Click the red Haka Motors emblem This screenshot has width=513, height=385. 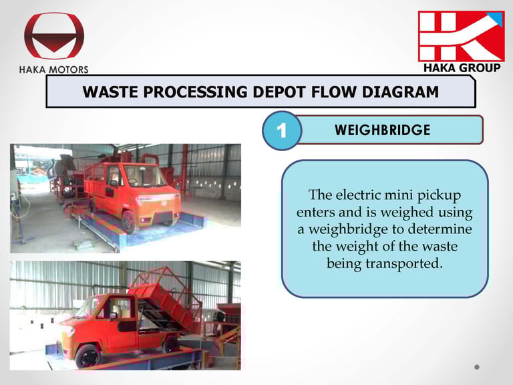(54, 36)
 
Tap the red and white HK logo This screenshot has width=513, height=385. (462, 36)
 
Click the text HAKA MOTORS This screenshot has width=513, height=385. (53, 70)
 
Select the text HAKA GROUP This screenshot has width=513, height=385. (462, 68)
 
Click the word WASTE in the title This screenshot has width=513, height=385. (111, 92)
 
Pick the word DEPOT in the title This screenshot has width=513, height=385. (279, 92)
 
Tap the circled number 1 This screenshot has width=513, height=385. (282, 130)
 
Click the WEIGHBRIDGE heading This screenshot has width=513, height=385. (383, 130)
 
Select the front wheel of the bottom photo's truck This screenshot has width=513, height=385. (88, 356)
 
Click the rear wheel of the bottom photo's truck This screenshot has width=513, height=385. (171, 344)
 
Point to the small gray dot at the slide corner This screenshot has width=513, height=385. (477, 367)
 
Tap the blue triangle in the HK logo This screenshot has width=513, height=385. (497, 18)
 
